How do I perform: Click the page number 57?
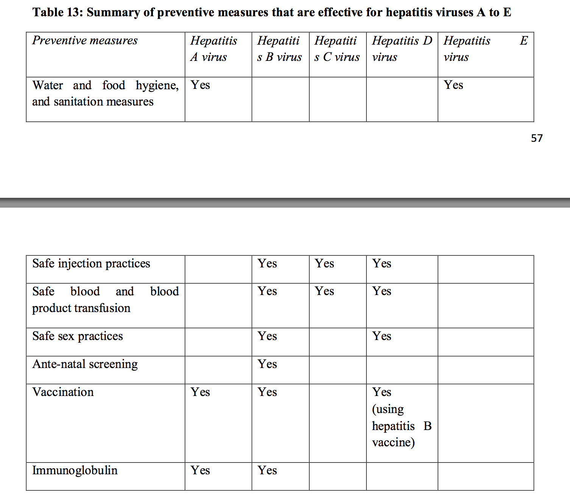coord(537,138)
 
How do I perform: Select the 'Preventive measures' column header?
coord(85,40)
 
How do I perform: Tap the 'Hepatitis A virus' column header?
coord(213,49)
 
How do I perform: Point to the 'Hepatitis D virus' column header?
coord(402,49)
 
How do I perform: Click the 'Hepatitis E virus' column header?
coord(485,49)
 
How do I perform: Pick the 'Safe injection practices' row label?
coord(91,263)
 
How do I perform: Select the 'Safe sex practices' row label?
coord(78,336)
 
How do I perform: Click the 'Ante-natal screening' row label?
coord(85,364)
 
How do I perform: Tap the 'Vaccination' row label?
coord(63,392)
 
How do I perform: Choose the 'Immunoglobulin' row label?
coord(75,470)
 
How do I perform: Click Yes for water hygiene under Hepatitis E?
coord(453,85)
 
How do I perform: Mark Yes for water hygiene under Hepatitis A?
coord(200,85)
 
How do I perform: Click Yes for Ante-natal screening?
coord(267,364)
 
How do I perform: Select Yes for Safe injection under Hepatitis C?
coord(324,263)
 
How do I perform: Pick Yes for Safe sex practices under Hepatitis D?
coord(382,336)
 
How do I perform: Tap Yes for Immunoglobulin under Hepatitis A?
coord(200,470)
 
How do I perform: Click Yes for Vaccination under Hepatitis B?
coord(267,392)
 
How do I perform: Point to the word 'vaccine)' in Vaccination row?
coord(393,442)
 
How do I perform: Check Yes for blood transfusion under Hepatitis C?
coord(324,291)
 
